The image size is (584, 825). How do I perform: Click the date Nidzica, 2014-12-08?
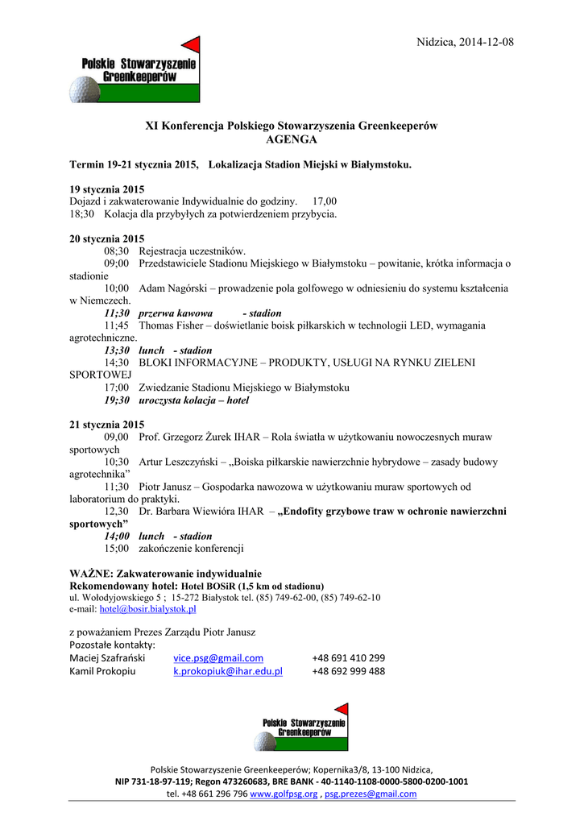466,42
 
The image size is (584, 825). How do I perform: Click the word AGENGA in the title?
291,139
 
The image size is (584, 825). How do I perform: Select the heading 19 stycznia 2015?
106,189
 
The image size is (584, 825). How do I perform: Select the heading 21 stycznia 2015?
106,425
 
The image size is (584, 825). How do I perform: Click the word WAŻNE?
89,574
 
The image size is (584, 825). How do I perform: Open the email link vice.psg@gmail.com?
218,657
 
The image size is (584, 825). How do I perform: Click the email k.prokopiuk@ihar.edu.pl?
228,671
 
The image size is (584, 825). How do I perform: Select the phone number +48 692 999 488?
348,671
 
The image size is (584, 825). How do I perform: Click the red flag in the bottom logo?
342,710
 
